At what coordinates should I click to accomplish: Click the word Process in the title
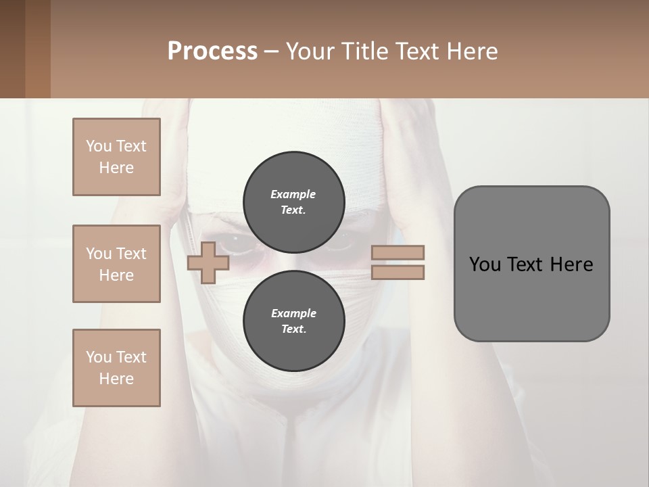pos(212,51)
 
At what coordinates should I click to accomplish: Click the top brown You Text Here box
pos(116,157)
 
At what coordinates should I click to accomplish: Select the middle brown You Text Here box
pos(116,264)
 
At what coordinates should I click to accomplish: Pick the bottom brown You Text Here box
pos(116,368)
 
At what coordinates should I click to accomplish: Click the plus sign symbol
pos(208,262)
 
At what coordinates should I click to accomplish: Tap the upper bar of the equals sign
pos(398,252)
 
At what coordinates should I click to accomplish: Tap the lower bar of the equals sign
pos(398,272)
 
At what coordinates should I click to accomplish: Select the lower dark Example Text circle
pos(293,321)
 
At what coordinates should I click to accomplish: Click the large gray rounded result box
pos(531,264)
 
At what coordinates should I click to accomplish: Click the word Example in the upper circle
pos(293,195)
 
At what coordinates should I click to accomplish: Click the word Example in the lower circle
pos(293,314)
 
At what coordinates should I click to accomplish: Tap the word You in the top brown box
pos(98,146)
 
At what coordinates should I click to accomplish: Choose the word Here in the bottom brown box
pos(116,379)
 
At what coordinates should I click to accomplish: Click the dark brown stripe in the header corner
pos(13,49)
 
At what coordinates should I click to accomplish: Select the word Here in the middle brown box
pos(116,275)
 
